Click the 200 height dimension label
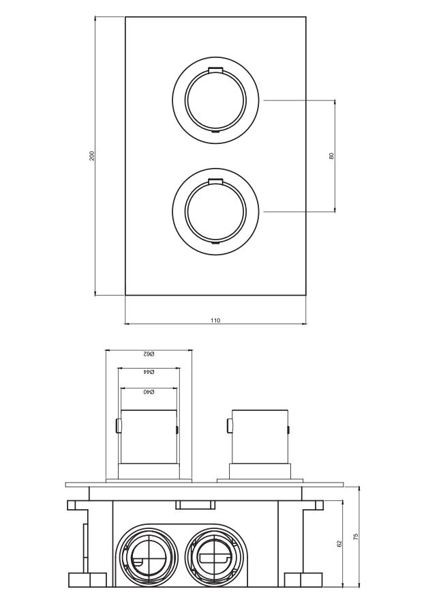[92, 156]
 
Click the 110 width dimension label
[215, 320]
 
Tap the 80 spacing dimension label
[331, 156]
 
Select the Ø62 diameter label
[149, 354]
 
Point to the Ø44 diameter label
[149, 372]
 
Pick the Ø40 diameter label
[149, 392]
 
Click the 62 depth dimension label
[339, 543]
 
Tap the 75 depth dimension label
[356, 536]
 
